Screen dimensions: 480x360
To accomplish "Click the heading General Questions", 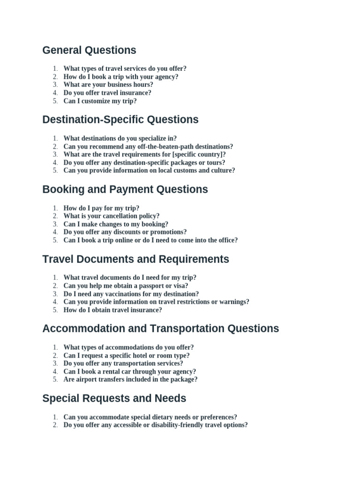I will [x=89, y=50].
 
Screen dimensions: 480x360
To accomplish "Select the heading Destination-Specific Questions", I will [x=120, y=120].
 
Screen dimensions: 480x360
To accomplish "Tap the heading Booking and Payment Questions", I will [x=125, y=189].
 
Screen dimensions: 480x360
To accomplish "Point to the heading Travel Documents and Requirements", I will [x=135, y=259].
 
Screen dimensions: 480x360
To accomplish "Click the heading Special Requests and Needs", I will [x=114, y=398].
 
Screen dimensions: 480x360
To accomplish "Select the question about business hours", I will [x=108, y=85].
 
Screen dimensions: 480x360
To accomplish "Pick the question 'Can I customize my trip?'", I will [x=100, y=101].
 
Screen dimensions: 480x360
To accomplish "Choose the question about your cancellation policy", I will [x=111, y=216].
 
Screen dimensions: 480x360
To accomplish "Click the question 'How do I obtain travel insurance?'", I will [x=112, y=310].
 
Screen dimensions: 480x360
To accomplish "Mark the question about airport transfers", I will [x=130, y=380].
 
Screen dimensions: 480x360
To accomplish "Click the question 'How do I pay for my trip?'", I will [x=101, y=208].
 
